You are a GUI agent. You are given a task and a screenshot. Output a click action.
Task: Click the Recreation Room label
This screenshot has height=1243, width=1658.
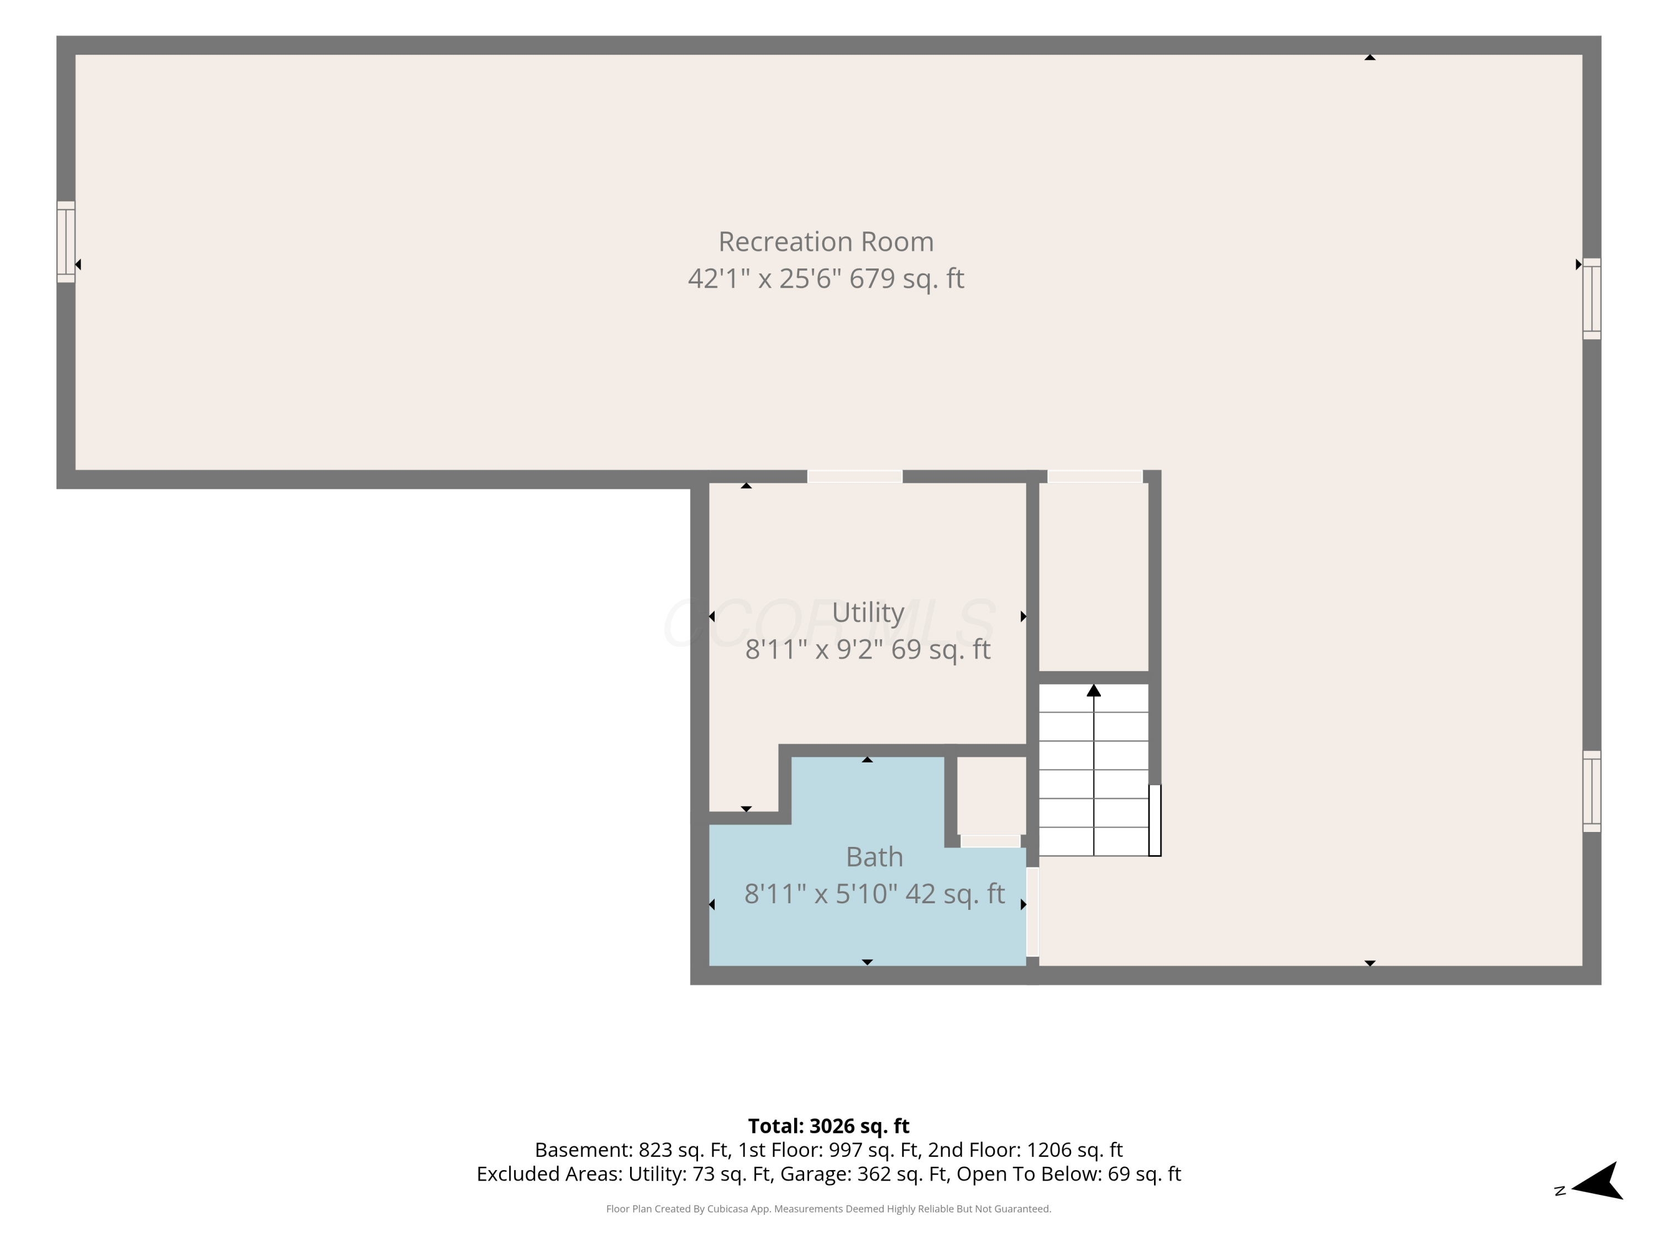826,242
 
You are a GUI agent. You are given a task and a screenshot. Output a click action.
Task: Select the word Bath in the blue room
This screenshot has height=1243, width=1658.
874,856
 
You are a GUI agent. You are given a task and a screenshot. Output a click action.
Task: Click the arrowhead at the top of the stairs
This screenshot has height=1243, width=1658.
1094,690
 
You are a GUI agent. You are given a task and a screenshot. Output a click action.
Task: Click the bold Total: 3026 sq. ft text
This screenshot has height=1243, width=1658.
828,1126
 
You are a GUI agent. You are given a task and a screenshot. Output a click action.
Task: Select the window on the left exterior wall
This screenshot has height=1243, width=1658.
66,242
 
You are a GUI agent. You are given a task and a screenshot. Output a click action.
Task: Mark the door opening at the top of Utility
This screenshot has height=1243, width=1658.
854,477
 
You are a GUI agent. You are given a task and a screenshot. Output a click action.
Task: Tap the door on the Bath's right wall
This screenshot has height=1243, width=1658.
1032,912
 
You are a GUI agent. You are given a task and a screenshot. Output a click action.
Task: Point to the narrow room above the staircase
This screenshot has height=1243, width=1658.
1094,577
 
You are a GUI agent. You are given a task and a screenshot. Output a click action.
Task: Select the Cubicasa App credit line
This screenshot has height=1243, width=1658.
828,1209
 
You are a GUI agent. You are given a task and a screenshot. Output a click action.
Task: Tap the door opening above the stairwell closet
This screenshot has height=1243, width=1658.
1094,477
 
